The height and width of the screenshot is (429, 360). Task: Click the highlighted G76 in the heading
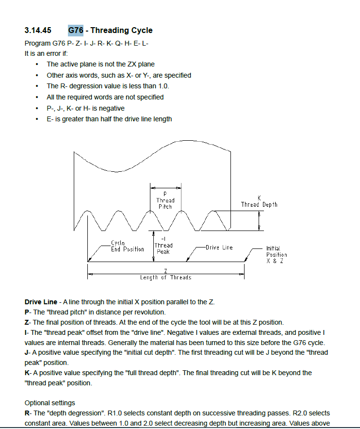(x=76, y=30)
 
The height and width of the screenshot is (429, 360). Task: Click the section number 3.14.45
(x=37, y=30)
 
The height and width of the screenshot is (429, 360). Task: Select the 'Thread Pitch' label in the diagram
(x=165, y=200)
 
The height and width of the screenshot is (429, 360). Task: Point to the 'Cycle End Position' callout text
(x=127, y=246)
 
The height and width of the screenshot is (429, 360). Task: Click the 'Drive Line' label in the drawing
(x=219, y=247)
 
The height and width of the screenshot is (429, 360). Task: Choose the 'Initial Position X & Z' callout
(x=277, y=254)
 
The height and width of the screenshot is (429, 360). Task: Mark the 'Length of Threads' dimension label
(x=165, y=278)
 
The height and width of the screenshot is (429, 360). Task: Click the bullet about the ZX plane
(x=100, y=64)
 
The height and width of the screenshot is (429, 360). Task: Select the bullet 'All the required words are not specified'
(x=105, y=97)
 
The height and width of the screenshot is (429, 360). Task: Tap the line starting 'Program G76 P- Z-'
(x=86, y=43)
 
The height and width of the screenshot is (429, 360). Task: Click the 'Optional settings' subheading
(x=50, y=403)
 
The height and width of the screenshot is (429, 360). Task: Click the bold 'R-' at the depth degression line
(x=28, y=413)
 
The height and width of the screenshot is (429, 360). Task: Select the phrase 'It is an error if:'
(x=47, y=53)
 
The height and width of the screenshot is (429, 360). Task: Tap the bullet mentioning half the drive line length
(x=109, y=119)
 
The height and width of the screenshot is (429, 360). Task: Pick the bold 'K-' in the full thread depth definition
(x=28, y=373)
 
